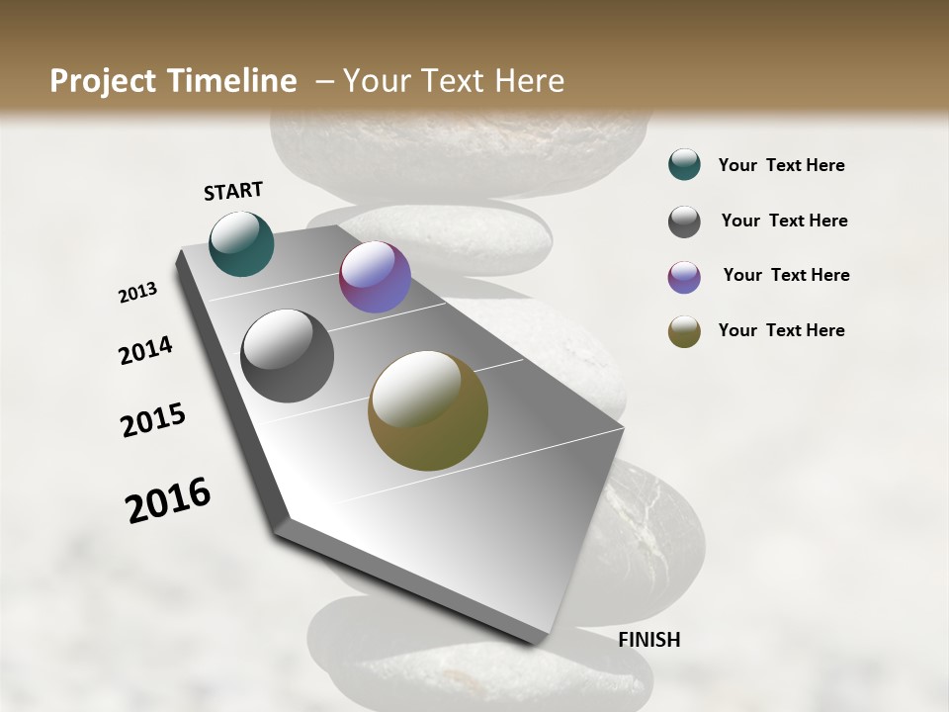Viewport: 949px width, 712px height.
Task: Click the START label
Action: coord(233,191)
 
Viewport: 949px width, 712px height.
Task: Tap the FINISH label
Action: coord(648,640)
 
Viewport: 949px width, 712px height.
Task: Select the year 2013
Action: coord(138,293)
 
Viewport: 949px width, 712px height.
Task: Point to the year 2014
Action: coord(145,351)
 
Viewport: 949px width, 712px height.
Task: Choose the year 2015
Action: coord(153,420)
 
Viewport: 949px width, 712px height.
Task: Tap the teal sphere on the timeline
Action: coord(241,243)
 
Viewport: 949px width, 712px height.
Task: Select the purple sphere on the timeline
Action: coord(375,277)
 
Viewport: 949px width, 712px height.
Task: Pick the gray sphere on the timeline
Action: coord(288,356)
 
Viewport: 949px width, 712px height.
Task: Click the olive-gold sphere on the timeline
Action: coord(428,410)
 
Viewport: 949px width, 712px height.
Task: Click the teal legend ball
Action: coord(684,165)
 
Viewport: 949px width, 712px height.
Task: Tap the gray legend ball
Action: coord(684,222)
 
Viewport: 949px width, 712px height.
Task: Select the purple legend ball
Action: coord(684,277)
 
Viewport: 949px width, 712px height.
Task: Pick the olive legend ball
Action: coord(684,331)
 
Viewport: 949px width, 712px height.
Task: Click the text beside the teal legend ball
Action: coord(781,165)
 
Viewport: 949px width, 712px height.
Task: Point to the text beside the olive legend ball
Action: coord(781,330)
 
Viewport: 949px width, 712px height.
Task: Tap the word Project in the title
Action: coord(99,81)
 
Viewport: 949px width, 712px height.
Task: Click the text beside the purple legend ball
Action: coord(786,275)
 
